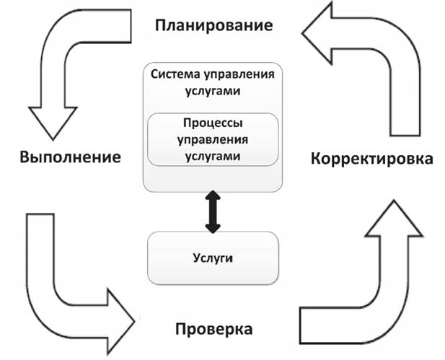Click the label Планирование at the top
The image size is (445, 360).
coord(214,26)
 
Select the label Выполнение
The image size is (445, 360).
coord(70,157)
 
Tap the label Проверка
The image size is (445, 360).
coord(213,330)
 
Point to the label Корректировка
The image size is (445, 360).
coord(372,158)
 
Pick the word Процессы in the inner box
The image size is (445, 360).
coord(212,123)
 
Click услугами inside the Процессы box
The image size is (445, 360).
coord(212,155)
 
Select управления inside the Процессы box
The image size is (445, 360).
coord(212,139)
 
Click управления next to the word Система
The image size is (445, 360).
coord(239,75)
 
